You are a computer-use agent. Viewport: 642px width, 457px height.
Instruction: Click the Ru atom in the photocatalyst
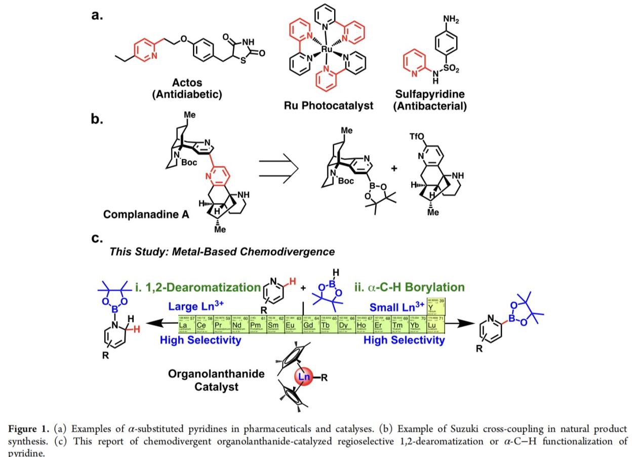(x=327, y=50)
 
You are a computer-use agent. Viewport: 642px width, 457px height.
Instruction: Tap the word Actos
(x=187, y=83)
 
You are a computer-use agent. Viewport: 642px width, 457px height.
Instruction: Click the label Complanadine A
(x=146, y=214)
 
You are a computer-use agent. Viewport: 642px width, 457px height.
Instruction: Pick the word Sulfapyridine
(x=429, y=95)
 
